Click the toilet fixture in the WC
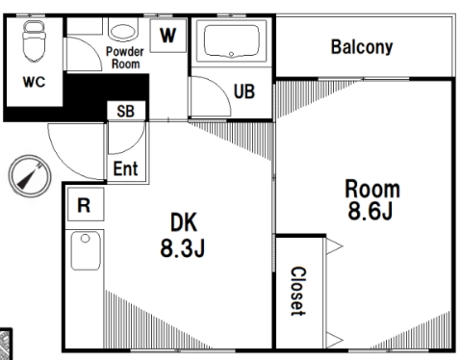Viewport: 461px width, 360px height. (x=34, y=41)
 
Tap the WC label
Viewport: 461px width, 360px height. (x=34, y=82)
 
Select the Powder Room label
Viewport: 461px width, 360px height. (x=125, y=58)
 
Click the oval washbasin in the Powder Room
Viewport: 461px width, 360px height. (x=123, y=32)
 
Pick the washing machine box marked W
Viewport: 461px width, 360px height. (x=168, y=36)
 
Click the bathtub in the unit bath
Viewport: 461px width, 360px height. (x=231, y=41)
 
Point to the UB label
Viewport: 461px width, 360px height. (x=244, y=91)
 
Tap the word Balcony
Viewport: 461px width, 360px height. (x=362, y=47)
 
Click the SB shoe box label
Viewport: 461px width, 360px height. (x=125, y=111)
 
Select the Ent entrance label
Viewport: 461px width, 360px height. (x=126, y=168)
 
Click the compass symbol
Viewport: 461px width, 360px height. (x=30, y=176)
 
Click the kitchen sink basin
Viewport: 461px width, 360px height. (x=86, y=250)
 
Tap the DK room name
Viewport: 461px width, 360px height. (x=184, y=222)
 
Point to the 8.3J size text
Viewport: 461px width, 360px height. (x=183, y=247)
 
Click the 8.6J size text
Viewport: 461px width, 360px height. (x=371, y=211)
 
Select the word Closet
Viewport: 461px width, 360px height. (x=298, y=291)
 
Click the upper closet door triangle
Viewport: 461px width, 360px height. (x=335, y=246)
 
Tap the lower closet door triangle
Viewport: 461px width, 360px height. (x=335, y=340)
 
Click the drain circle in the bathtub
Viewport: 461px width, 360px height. (x=231, y=54)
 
